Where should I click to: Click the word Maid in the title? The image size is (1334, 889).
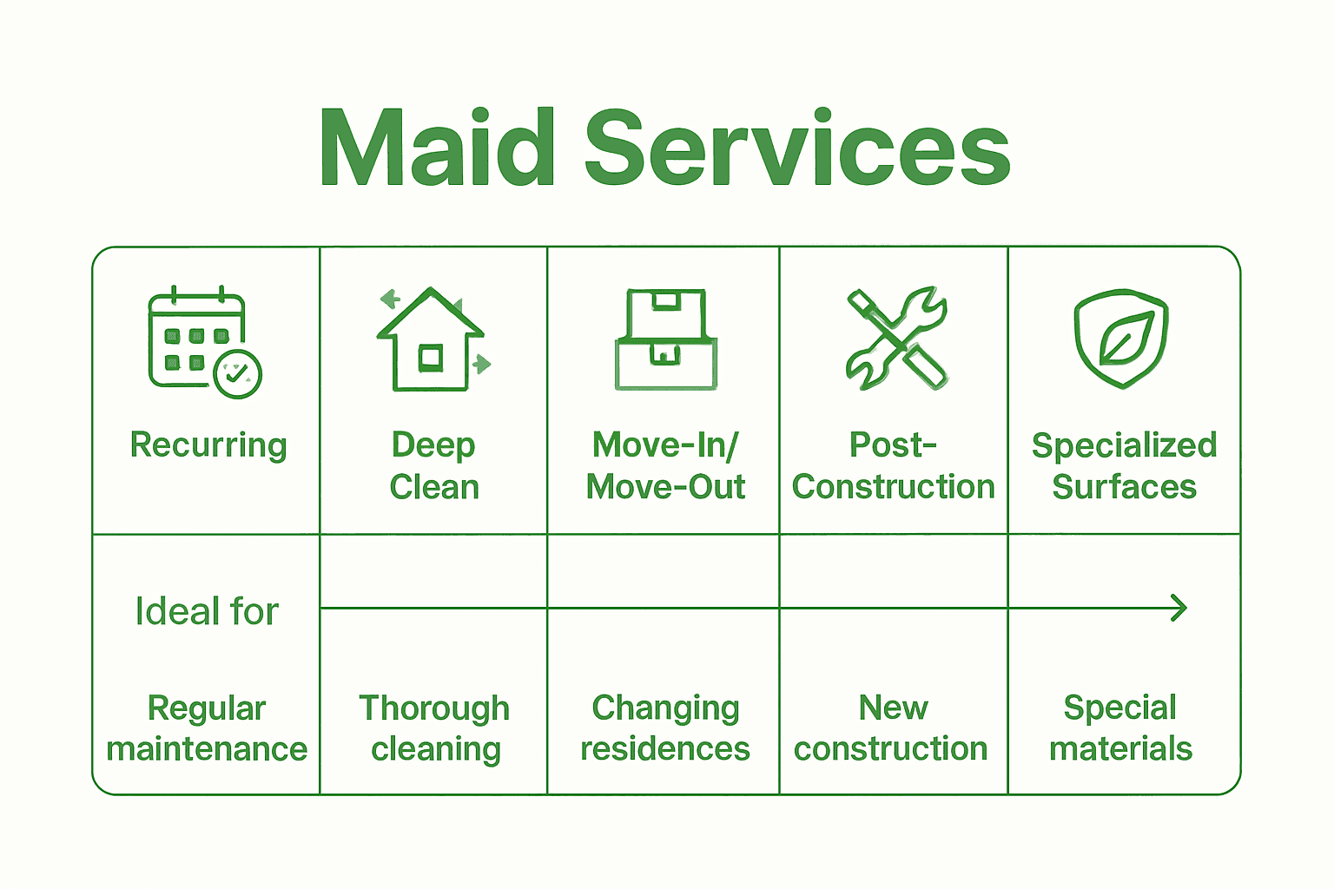pos(437,148)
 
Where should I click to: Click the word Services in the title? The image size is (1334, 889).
pos(797,148)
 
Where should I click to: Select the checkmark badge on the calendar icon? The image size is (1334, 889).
pos(237,374)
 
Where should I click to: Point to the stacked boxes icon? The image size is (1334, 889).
pos(666,340)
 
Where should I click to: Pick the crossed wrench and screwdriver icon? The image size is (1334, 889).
pos(896,339)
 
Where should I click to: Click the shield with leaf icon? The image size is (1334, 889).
pos(1121,339)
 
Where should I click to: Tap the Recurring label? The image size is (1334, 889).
pos(208,444)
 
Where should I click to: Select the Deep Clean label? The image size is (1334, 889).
pos(433,465)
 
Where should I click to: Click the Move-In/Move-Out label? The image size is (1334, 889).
pos(665,465)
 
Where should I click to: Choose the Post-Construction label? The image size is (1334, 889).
pos(893,465)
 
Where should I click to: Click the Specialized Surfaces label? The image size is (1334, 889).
pos(1124,465)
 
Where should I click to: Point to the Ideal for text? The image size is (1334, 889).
pos(207,611)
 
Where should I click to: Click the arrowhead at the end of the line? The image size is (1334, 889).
pos(1179,608)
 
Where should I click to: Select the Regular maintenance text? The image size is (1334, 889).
pos(207,728)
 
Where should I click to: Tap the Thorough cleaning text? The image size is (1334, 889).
pos(434,728)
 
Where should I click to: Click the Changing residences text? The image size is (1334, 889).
pos(665,728)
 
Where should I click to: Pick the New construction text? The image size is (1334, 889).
pos(892,728)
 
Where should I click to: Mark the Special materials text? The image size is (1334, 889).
pos(1120,728)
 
